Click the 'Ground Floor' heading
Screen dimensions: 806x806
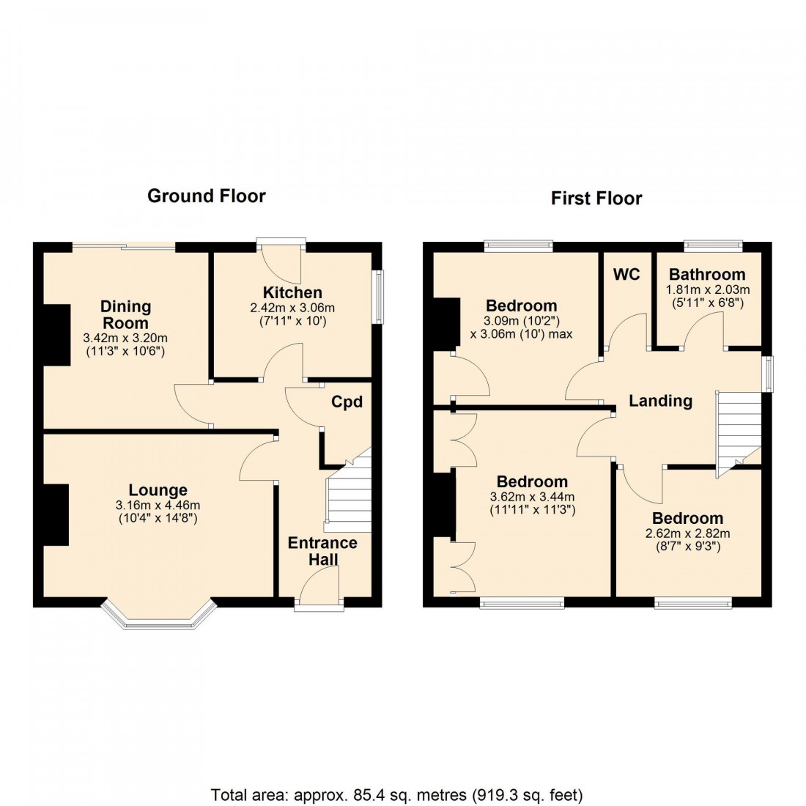(206, 196)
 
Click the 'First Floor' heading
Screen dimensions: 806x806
(596, 198)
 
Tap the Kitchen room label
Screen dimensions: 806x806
(292, 292)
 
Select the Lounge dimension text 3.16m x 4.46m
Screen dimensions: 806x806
(158, 505)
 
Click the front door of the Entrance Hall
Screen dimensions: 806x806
(319, 590)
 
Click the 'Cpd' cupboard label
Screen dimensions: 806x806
(347, 402)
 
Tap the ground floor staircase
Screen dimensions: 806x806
(349, 498)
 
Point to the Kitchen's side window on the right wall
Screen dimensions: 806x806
(378, 297)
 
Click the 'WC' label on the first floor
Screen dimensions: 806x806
(626, 274)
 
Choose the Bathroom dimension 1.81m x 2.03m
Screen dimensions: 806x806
(707, 289)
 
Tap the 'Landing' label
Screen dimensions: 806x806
(660, 400)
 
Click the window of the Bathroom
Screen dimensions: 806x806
(713, 245)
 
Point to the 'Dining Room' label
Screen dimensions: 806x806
(125, 314)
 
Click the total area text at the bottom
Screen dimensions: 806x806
(396, 794)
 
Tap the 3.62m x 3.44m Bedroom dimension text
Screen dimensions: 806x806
(532, 496)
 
